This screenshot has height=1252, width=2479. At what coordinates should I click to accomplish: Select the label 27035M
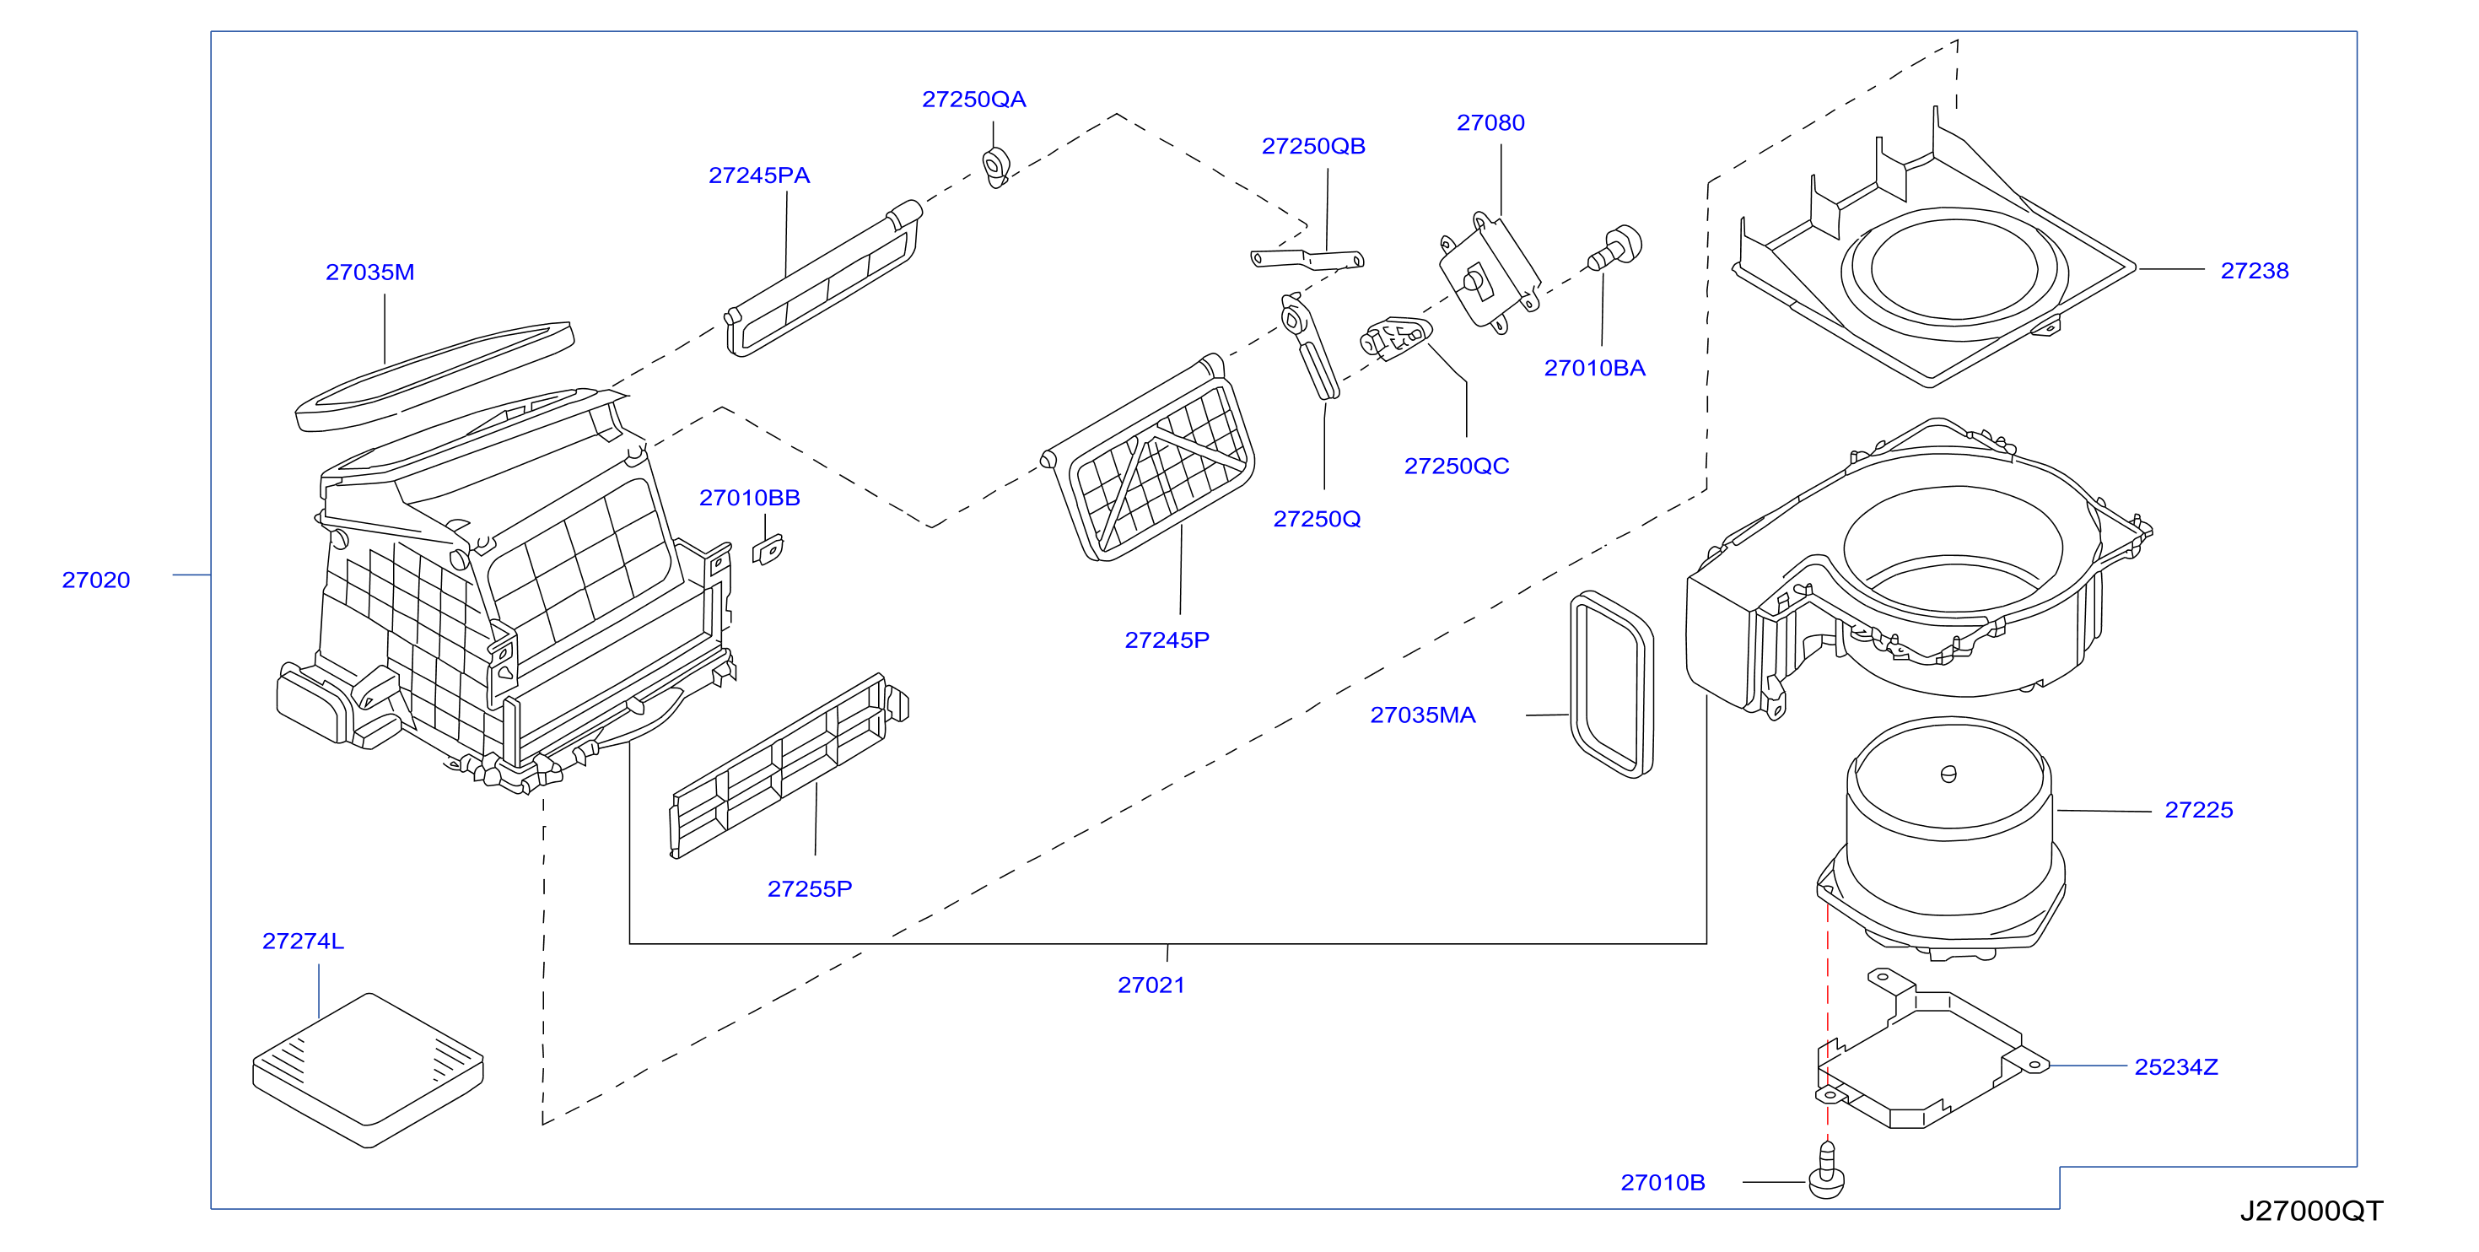coord(369,273)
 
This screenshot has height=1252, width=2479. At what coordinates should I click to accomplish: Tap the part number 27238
coord(2254,271)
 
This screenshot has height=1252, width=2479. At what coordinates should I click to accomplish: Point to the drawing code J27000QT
coord(2310,1211)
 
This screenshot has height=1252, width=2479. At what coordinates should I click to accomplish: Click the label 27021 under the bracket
coord(1151,985)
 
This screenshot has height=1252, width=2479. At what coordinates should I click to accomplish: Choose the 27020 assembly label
coord(95,580)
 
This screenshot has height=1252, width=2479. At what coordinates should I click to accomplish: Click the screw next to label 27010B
coord(1826,1171)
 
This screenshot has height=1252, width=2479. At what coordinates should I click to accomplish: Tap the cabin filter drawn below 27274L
coord(368,1070)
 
